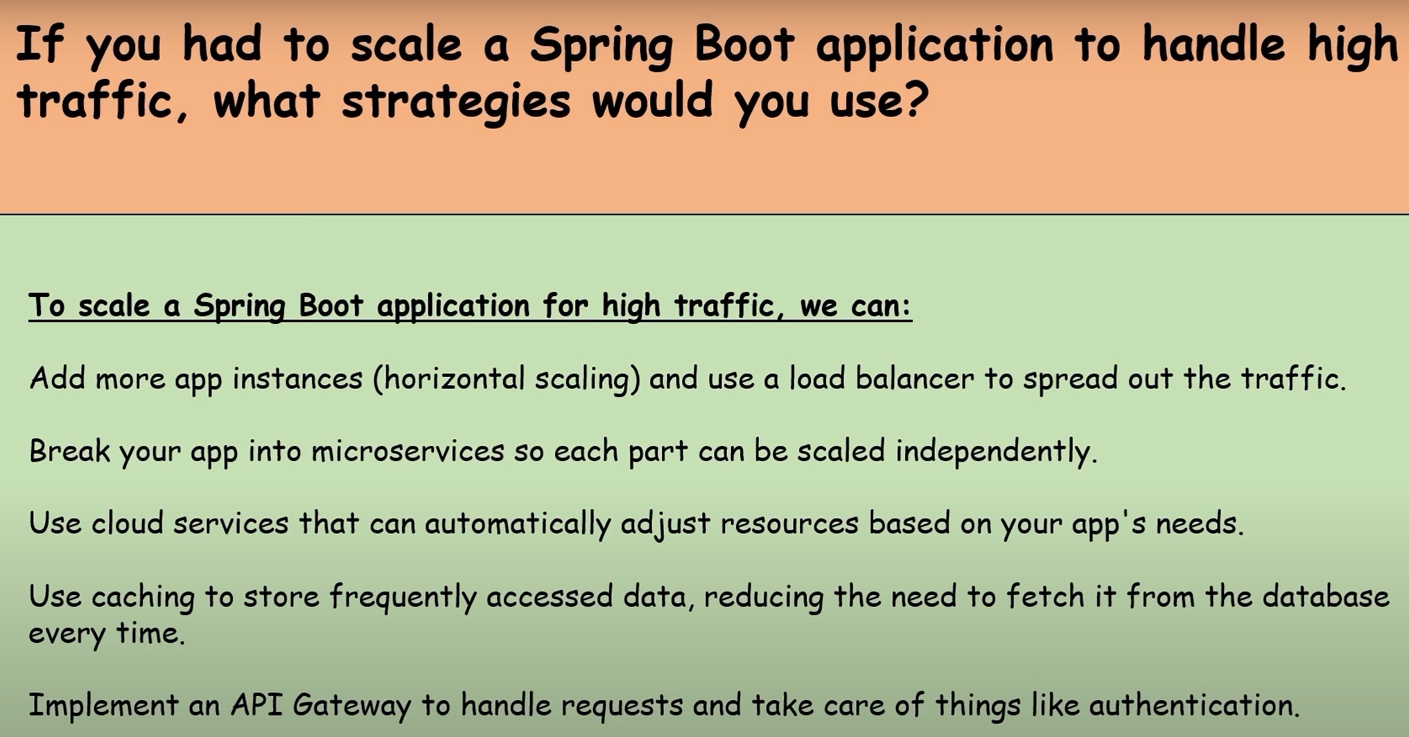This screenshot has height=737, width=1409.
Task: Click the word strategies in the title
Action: point(456,101)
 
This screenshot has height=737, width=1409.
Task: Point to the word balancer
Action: point(915,379)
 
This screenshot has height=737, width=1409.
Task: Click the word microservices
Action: point(408,451)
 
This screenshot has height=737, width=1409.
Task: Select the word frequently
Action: point(403,598)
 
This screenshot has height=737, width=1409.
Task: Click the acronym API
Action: point(256,705)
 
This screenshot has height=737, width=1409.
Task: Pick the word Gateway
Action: point(351,706)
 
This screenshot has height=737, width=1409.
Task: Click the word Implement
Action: point(103,706)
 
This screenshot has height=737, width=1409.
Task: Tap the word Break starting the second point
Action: point(69,451)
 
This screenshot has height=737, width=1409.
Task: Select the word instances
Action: point(297,379)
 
